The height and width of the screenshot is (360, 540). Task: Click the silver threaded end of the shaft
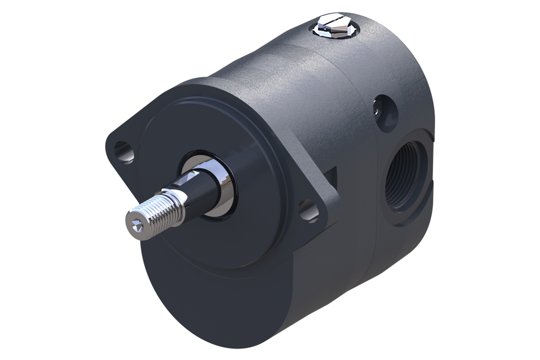coord(154,211)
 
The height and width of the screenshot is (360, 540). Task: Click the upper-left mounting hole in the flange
coord(123,152)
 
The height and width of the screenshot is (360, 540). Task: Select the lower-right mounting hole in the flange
coord(309,211)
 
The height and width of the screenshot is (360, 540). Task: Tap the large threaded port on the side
coord(406,177)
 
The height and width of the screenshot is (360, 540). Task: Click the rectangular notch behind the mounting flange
coord(332,177)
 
